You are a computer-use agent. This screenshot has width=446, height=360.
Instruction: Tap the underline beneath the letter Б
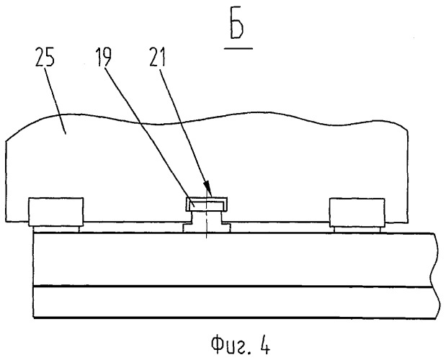[238, 48]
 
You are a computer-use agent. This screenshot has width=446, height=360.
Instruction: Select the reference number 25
[45, 57]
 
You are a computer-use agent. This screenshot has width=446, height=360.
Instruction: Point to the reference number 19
[104, 57]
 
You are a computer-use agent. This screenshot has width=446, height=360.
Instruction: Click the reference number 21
[157, 57]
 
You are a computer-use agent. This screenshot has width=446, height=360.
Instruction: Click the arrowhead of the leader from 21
[208, 189]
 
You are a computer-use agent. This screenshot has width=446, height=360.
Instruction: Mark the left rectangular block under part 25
[55, 212]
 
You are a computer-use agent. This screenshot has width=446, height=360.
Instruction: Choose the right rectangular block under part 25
[357, 212]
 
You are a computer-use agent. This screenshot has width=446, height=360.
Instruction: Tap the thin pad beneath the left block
[55, 229]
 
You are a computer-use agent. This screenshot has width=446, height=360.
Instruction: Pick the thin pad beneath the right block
[357, 230]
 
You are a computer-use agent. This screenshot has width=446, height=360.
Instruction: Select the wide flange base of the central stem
[207, 228]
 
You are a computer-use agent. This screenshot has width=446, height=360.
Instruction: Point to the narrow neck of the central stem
[207, 217]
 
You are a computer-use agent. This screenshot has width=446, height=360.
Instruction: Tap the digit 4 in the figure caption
[264, 345]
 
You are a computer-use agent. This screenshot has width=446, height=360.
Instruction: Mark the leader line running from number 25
[56, 100]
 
